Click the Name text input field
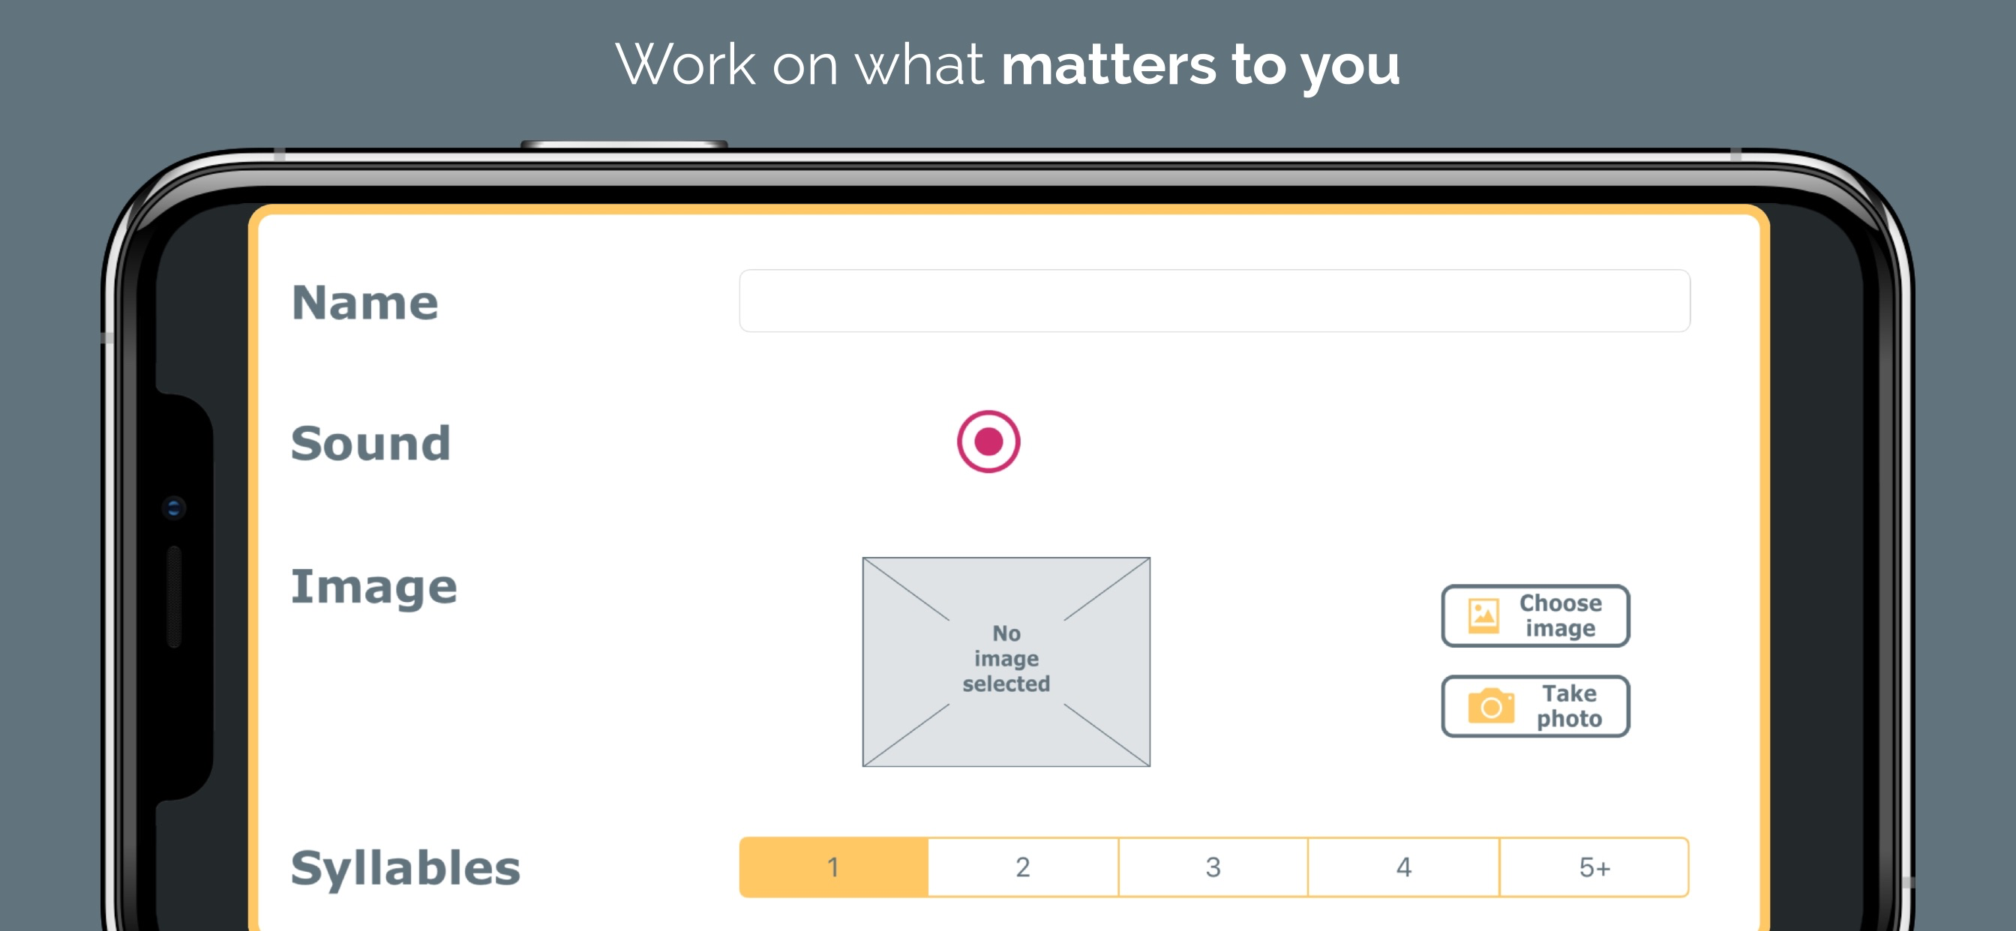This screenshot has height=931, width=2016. click(1213, 301)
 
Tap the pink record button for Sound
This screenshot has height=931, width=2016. click(988, 442)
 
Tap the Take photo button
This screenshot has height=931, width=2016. click(1534, 705)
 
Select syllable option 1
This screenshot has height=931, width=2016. click(833, 867)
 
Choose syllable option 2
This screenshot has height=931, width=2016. click(1023, 867)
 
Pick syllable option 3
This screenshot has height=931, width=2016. click(1213, 867)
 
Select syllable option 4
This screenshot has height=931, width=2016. click(1403, 867)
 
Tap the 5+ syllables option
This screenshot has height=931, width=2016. click(1594, 867)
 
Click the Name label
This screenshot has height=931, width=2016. click(364, 302)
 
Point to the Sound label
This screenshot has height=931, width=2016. click(370, 443)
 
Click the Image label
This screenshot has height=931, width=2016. click(373, 586)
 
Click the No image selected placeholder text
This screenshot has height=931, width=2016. click(1006, 658)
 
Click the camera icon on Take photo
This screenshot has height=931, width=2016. click(1491, 705)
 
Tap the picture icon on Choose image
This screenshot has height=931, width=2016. click(1483, 615)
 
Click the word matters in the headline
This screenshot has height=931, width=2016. click(1109, 64)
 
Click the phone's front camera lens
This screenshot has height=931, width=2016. click(174, 508)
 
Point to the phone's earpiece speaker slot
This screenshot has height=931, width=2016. click(175, 597)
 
